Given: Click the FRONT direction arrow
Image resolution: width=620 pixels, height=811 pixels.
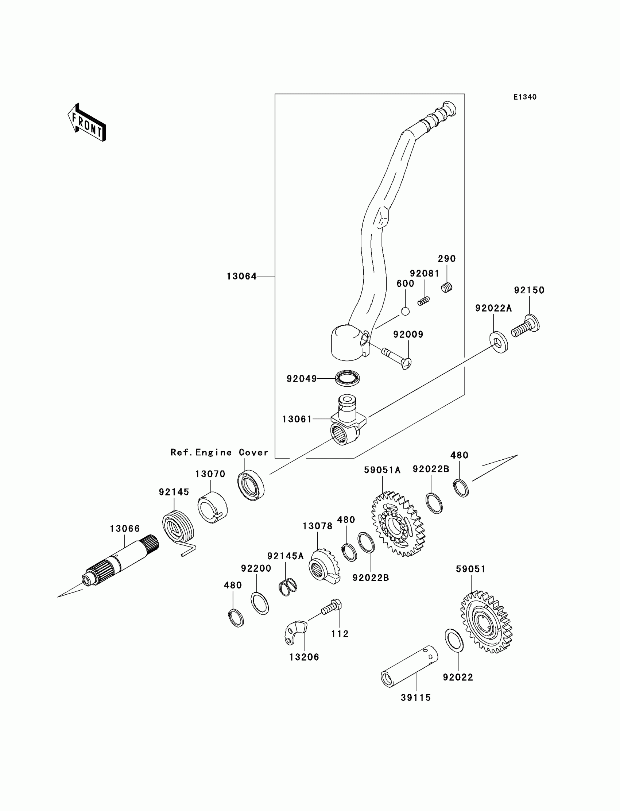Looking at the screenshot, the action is tap(87, 123).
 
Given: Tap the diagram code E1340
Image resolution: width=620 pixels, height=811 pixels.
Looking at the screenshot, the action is tap(525, 97).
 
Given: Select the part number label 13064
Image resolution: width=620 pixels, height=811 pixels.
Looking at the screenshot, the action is tap(241, 277).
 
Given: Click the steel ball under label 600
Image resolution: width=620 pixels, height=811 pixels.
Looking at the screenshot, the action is tap(405, 311).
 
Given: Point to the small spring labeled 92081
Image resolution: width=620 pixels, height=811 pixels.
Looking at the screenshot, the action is tap(424, 301).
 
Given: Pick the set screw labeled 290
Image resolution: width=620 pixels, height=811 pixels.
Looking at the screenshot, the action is tap(447, 287).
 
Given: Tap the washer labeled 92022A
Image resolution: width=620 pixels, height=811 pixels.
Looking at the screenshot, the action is tap(499, 342).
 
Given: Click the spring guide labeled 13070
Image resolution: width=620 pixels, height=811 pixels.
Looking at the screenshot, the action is tap(213, 507).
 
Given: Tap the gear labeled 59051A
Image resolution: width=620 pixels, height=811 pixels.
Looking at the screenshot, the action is tap(398, 524).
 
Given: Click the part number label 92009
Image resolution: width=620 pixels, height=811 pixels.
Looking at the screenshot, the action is tap(408, 335).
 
